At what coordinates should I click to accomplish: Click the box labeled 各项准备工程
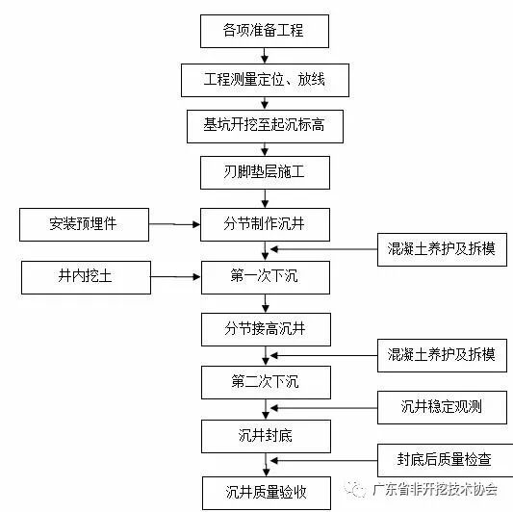coord(265,31)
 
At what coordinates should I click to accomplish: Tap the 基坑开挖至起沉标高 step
coord(265,126)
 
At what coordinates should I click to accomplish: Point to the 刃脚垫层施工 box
coord(265,174)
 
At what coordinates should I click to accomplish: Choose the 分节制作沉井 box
coord(265,225)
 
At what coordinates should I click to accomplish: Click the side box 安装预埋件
coord(85,225)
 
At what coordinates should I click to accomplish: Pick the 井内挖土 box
coord(85,277)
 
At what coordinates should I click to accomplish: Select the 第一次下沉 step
coord(265,277)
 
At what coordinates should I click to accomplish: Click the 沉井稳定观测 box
coord(442,406)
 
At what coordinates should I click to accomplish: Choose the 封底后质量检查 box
coord(442,459)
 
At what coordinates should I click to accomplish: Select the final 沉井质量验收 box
coord(265,492)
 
